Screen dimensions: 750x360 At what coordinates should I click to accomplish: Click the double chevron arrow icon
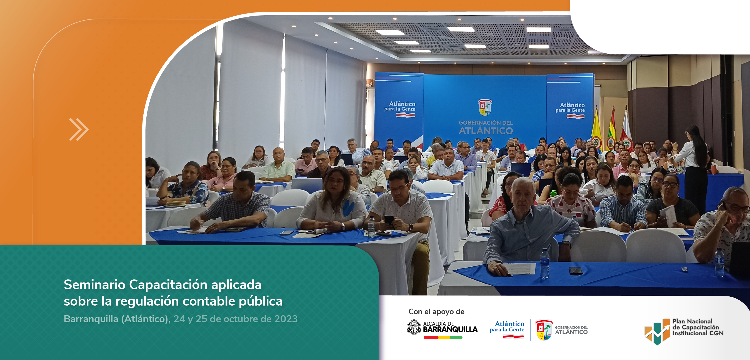[79, 129]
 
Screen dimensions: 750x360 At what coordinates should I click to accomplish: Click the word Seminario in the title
[95, 284]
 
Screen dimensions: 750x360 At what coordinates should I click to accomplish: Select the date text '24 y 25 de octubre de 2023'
[236, 319]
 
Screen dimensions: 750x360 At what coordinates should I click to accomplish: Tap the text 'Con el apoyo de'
[436, 312]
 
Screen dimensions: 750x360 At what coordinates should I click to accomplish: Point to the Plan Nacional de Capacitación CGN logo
[684, 331]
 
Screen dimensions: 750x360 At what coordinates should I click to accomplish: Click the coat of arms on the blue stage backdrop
[485, 107]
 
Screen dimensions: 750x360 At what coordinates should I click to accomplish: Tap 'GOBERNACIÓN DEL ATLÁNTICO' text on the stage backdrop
[486, 127]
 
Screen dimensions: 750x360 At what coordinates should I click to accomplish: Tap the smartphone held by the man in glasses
[389, 220]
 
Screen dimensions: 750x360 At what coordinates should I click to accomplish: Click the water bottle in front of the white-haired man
[544, 263]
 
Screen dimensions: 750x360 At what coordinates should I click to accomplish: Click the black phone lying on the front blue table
[576, 271]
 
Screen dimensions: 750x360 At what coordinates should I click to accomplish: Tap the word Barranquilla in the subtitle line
[91, 319]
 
